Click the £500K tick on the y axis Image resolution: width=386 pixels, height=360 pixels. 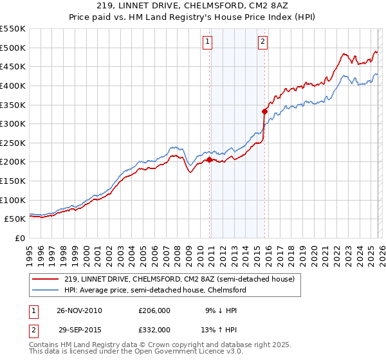pos(13,48)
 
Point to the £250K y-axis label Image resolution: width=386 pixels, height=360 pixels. pos(13,143)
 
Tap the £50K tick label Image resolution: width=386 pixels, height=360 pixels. pos(15,219)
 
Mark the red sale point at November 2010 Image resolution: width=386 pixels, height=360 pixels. pos(210,159)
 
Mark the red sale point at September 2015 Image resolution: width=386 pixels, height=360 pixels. pos(264,111)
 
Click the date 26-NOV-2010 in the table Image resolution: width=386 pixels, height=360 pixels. pos(79,310)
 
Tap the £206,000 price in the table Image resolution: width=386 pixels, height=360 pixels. pos(154,310)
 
